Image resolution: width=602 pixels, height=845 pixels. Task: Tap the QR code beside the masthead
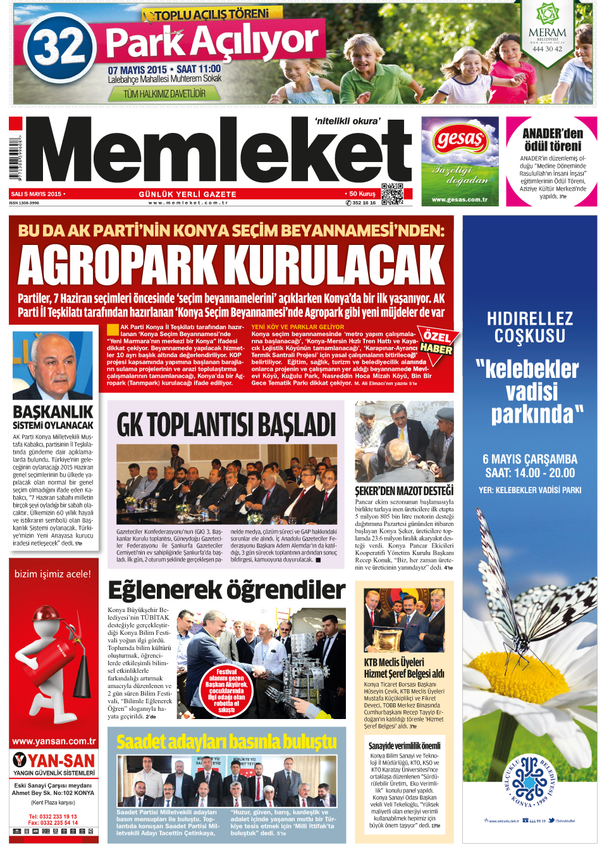(392, 194)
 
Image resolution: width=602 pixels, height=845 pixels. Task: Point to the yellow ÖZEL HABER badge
(436, 342)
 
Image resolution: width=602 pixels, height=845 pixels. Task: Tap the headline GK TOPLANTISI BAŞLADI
(226, 424)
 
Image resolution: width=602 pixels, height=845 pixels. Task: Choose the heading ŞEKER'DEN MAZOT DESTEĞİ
(404, 491)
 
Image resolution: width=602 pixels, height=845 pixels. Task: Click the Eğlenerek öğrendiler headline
(226, 590)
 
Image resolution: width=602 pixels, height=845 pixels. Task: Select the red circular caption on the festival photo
(226, 691)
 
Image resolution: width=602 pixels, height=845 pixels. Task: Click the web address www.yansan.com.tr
(54, 741)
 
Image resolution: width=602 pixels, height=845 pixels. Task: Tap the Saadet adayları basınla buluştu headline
(226, 741)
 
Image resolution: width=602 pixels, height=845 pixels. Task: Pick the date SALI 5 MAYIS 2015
(37, 194)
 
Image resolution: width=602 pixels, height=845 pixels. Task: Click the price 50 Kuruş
(360, 194)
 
